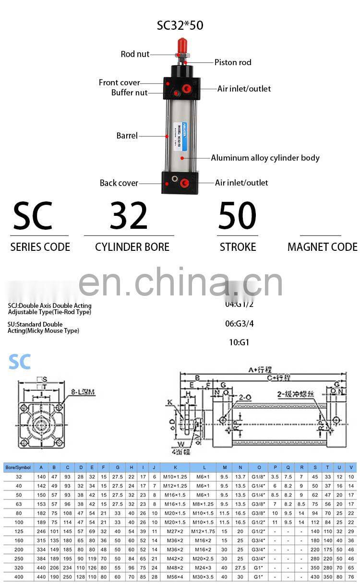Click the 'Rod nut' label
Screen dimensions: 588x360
135,54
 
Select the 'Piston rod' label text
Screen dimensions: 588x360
233,62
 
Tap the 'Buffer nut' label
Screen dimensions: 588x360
130,93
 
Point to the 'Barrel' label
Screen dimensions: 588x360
127,136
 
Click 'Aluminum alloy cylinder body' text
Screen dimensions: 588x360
265,158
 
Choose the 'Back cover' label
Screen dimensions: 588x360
119,183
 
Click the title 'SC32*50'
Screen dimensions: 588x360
180,25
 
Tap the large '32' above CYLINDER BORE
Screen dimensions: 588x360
129,216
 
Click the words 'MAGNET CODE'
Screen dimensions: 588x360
322,247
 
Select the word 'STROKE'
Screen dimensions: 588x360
238,247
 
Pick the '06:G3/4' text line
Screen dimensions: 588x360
240,324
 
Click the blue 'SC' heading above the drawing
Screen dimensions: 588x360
19,362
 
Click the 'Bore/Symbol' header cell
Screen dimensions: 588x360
18,467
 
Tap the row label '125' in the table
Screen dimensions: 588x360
19,531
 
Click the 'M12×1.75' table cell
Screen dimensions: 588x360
204,531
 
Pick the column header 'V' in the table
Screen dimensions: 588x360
351,467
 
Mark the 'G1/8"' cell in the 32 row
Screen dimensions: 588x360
259,477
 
